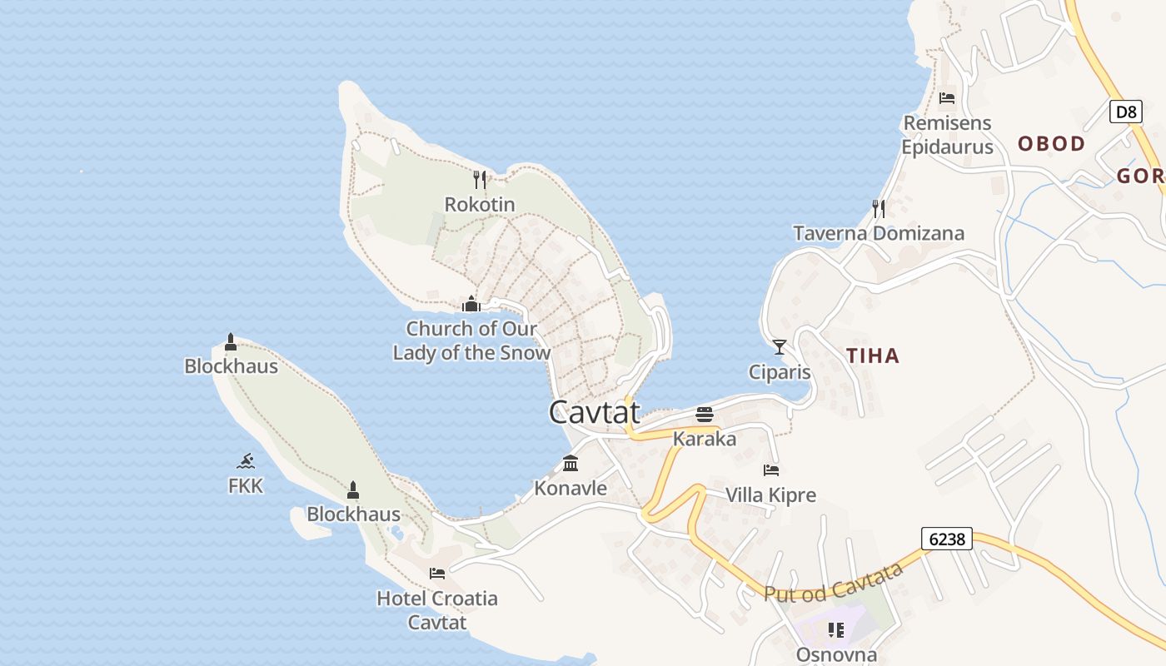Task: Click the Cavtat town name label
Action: pos(595,412)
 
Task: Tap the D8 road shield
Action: pos(1125,112)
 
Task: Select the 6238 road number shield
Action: pos(947,539)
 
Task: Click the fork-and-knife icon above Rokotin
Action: pos(479,179)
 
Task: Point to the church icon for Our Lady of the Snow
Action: pos(471,304)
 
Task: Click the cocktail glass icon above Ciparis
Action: pos(780,347)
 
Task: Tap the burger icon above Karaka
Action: pos(705,414)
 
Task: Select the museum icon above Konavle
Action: pos(571,463)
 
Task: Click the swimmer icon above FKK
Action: pos(245,461)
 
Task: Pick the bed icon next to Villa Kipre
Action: pos(771,470)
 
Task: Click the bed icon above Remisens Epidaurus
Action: pos(947,98)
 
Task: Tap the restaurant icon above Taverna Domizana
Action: pos(878,208)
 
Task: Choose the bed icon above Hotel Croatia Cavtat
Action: pos(437,573)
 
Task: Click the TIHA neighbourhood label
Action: pos(873,356)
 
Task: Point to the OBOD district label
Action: pos(1051,144)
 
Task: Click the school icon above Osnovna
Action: pos(836,630)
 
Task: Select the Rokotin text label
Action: pos(480,204)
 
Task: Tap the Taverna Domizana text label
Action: pos(879,233)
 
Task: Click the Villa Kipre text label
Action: pos(770,496)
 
